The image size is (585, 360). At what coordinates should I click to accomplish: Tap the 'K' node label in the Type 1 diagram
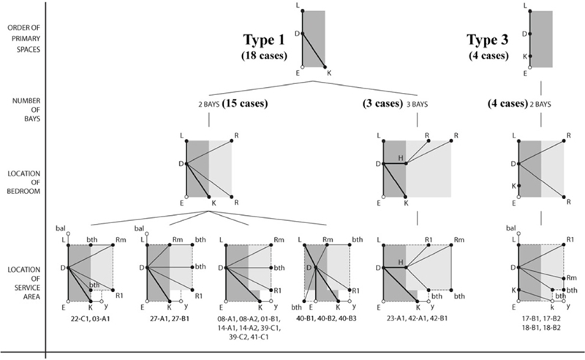click(x=329, y=73)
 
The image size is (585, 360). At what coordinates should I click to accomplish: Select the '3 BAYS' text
click(x=417, y=104)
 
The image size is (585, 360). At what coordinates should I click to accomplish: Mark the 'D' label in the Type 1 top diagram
click(x=296, y=34)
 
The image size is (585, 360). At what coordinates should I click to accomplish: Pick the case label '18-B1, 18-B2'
click(x=540, y=327)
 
